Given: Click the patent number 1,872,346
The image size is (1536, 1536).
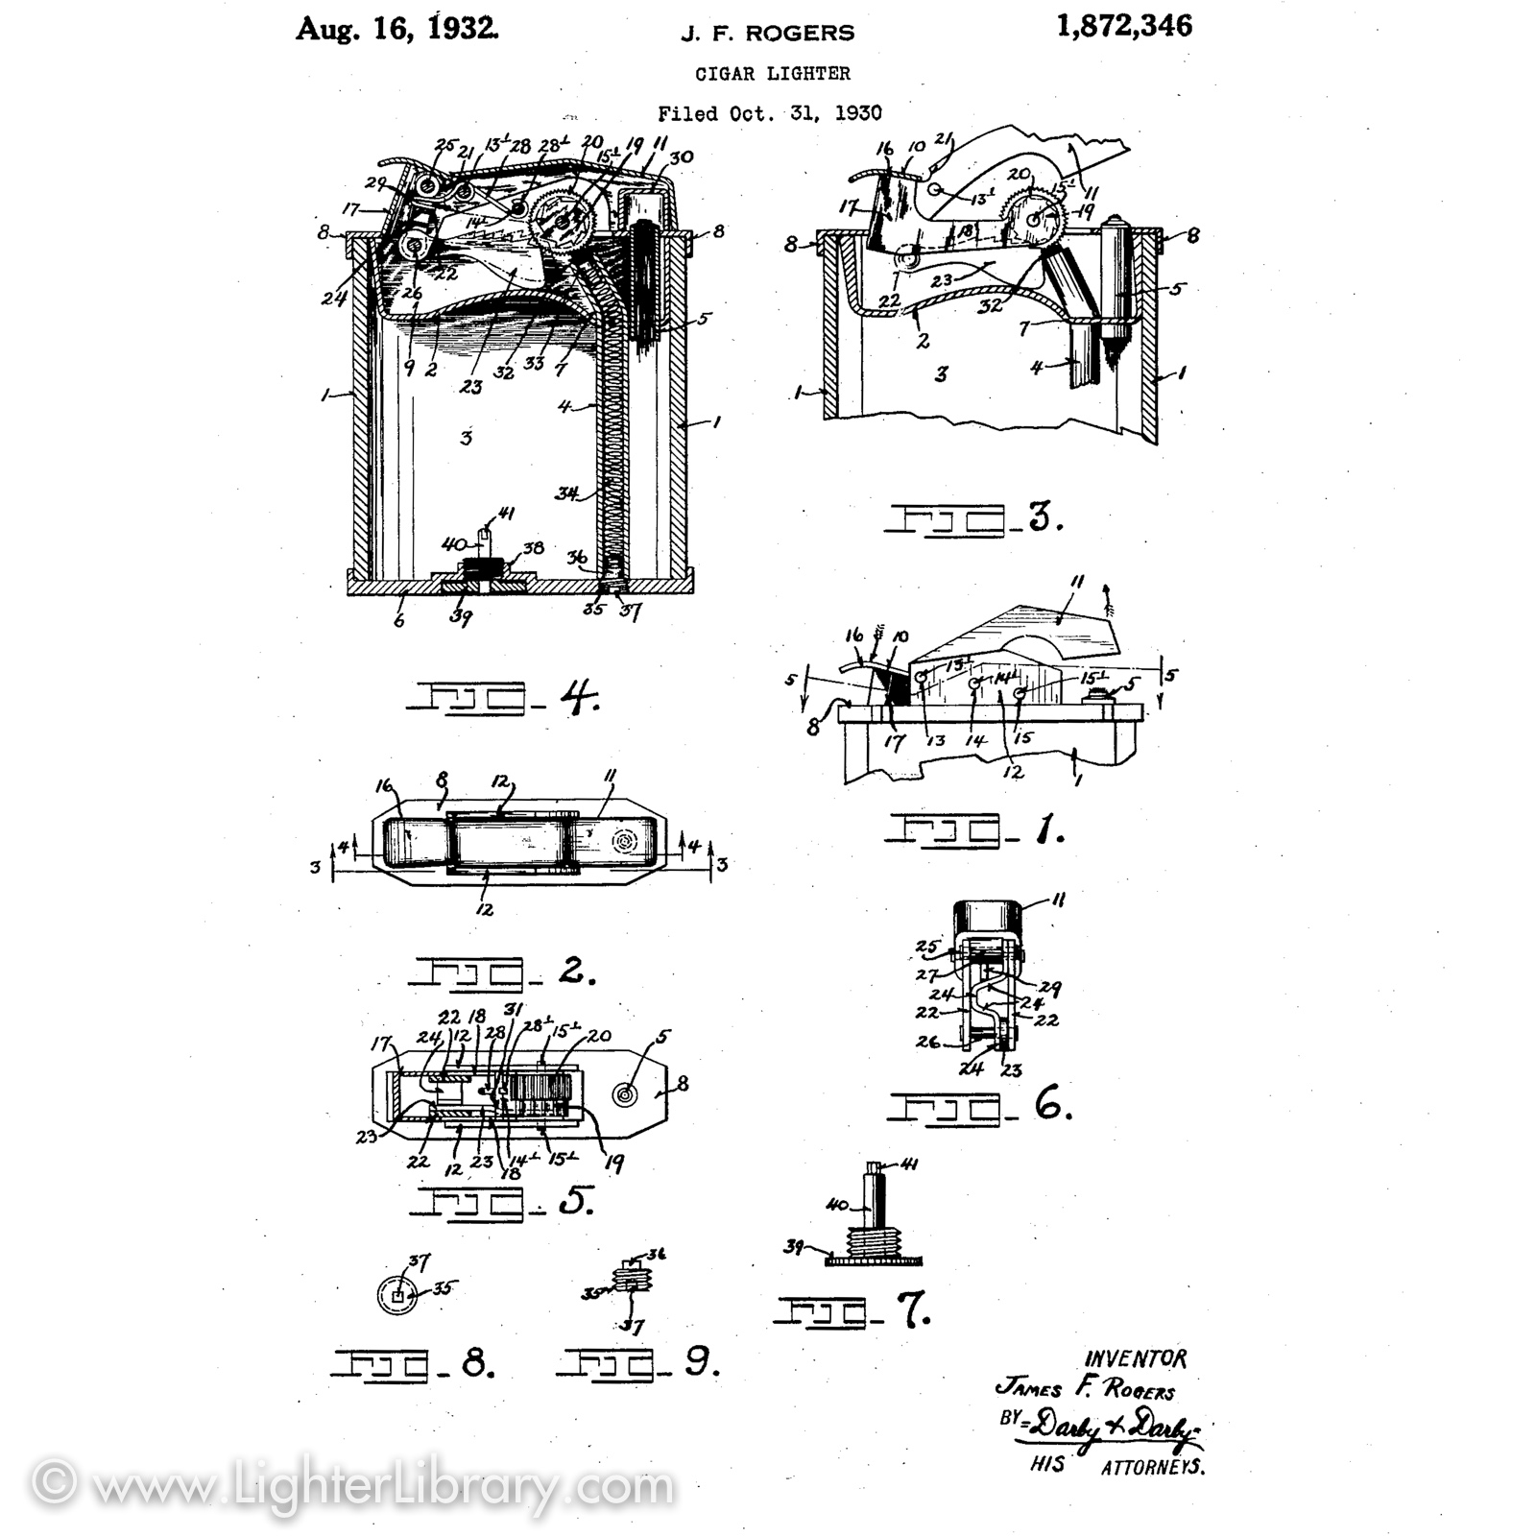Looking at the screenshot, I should [x=1124, y=26].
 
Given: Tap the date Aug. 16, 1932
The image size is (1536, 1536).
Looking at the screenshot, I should [x=396, y=28].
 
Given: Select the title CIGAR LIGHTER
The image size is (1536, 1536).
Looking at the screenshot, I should [x=773, y=73].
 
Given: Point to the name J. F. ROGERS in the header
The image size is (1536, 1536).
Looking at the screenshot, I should [x=767, y=34].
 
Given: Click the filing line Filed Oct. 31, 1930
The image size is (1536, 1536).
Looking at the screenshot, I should [x=769, y=113].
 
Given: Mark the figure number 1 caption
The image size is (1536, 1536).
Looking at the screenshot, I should [x=973, y=828].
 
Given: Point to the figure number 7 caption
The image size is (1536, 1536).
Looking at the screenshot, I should [x=853, y=1311].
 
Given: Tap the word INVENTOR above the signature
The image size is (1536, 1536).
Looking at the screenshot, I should [x=1135, y=1359].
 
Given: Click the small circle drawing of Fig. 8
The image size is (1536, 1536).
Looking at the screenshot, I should [x=398, y=1295].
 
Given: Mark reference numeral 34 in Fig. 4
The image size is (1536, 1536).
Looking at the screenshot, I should [x=567, y=494].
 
